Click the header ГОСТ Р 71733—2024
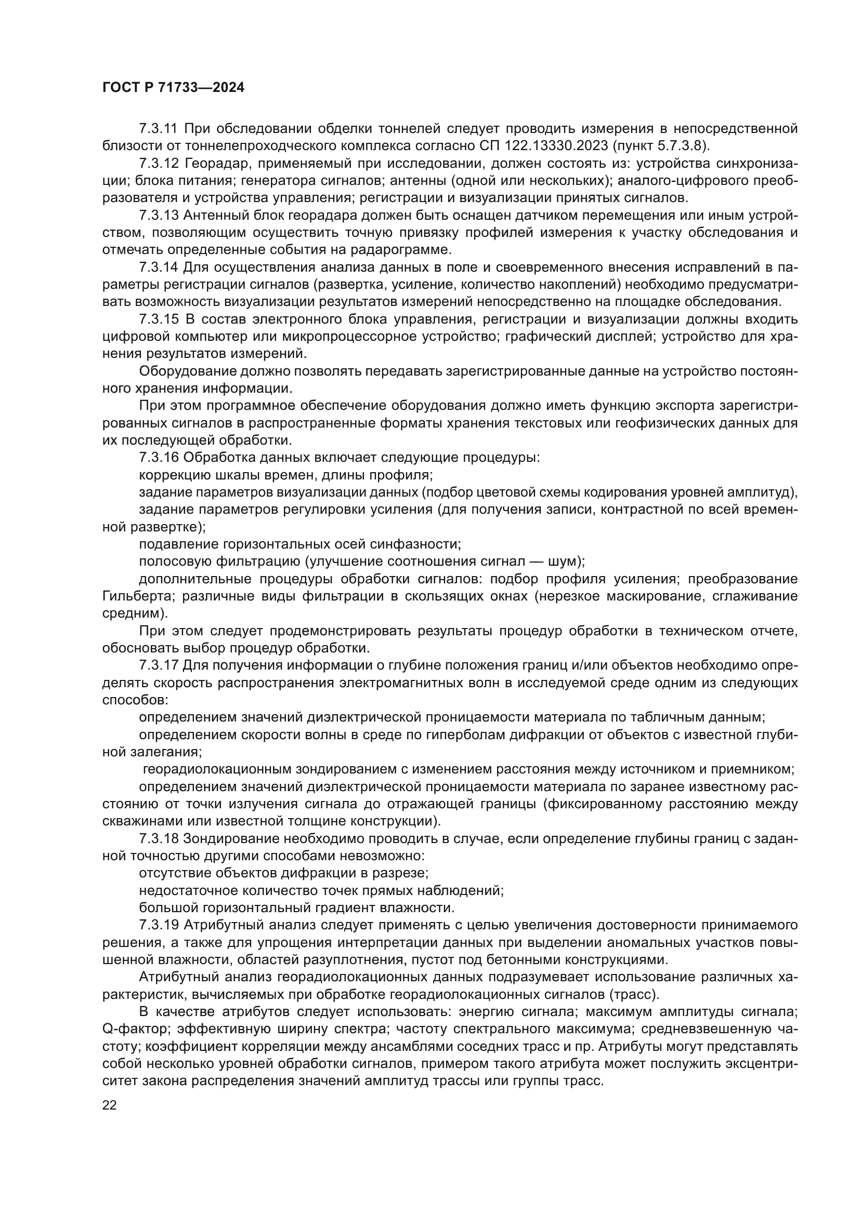tap(173, 88)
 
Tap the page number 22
tap(110, 1105)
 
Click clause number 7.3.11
tap(159, 129)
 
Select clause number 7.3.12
tap(159, 164)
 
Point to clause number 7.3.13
tap(159, 216)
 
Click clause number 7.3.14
tap(159, 267)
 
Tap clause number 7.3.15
tap(159, 319)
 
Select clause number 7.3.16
tap(159, 458)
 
